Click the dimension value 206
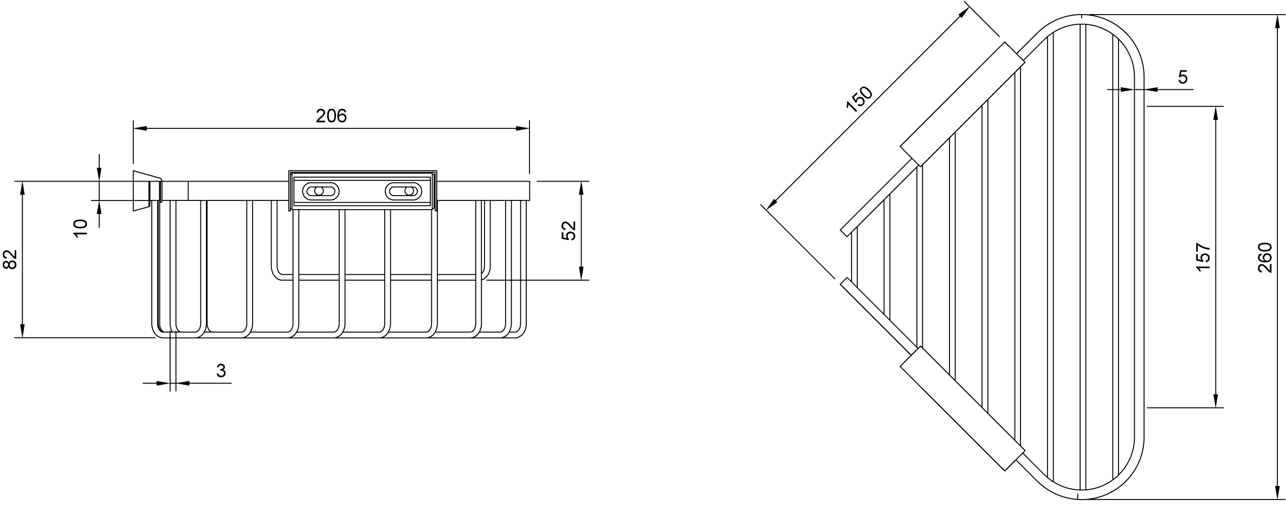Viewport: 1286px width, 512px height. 331,115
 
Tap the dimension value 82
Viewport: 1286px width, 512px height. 11,259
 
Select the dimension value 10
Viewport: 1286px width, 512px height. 81,228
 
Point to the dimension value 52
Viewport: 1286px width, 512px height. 568,230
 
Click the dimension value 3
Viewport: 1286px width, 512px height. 221,371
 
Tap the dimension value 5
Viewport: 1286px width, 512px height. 1183,77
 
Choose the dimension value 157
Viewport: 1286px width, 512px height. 1203,257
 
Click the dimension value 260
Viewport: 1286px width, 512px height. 1264,258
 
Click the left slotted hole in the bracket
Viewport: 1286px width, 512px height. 320,191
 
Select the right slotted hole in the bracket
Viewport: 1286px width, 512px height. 403,191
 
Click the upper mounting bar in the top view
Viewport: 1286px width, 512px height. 962,103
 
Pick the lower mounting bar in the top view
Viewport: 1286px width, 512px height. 962,409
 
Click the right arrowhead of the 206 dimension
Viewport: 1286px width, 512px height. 522,128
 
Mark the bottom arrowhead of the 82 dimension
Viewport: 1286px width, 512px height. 22,330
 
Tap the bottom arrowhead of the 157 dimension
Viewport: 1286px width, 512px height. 1216,400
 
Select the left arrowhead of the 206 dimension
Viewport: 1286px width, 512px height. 140,128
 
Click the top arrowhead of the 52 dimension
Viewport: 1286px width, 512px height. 581,188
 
